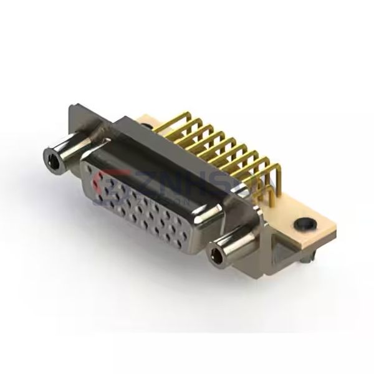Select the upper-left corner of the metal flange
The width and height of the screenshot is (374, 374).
(x=72, y=110)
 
